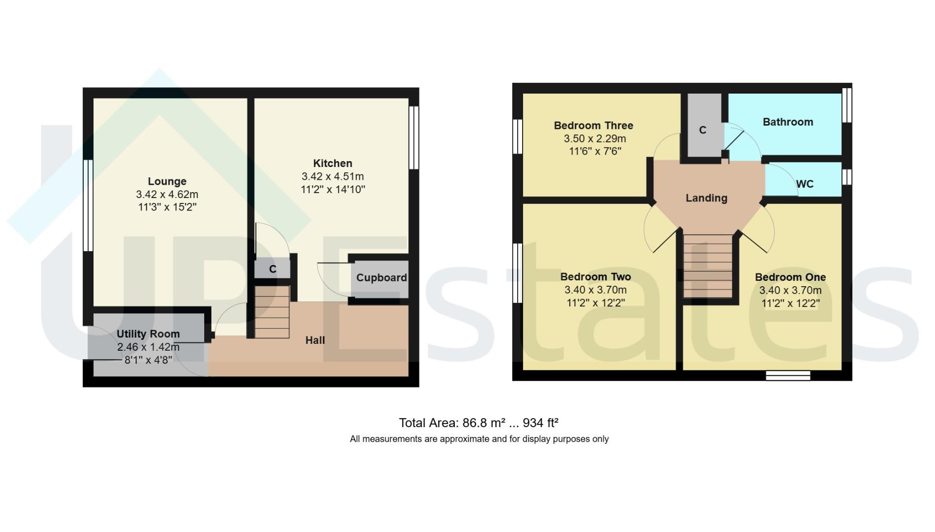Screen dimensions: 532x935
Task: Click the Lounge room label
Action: click(x=167, y=181)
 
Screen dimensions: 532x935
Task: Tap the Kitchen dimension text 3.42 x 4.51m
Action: click(x=333, y=176)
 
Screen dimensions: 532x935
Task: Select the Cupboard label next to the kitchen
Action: click(x=381, y=278)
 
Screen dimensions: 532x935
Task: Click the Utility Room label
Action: click(x=148, y=334)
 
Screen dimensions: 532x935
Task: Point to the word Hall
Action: click(x=315, y=340)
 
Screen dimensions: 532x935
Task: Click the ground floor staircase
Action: click(x=272, y=312)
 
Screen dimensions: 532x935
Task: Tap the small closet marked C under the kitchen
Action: click(x=272, y=269)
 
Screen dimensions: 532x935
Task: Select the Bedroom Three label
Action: click(x=593, y=126)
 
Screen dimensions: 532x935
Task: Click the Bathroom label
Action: click(x=787, y=122)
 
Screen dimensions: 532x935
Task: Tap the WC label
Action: click(x=805, y=184)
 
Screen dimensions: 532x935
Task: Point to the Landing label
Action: click(x=706, y=198)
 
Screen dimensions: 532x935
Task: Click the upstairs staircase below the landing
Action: click(x=708, y=266)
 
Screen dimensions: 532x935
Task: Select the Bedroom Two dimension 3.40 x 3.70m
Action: click(x=595, y=290)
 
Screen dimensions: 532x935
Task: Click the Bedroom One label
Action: click(x=790, y=277)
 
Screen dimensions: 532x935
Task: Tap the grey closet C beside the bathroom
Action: click(x=703, y=130)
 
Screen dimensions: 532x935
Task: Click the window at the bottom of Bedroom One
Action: click(x=788, y=376)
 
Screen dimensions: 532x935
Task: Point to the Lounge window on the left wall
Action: click(x=88, y=205)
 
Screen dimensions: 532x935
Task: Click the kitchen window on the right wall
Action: click(x=413, y=138)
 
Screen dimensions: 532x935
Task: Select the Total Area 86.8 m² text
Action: click(x=478, y=423)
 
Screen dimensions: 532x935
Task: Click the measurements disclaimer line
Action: click(x=479, y=439)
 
